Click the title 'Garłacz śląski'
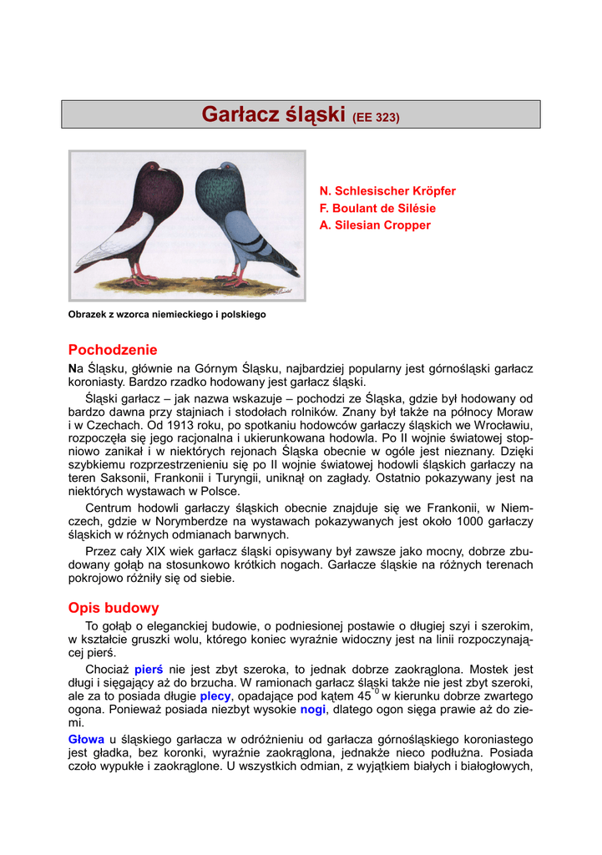[x=274, y=114]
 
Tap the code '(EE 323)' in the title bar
[x=377, y=118]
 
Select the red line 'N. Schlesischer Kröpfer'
[x=387, y=191]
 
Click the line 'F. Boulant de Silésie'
[x=377, y=208]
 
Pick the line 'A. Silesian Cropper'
[x=375, y=225]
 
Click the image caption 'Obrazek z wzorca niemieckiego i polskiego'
[x=167, y=315]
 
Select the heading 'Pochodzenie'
[x=113, y=350]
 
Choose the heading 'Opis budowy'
[x=114, y=608]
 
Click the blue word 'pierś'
[x=149, y=670]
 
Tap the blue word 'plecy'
[x=215, y=696]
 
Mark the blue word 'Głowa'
[x=86, y=740]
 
